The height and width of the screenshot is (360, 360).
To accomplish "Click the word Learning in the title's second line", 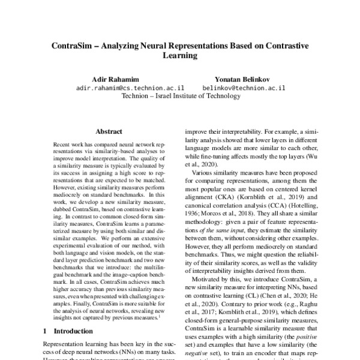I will pos(181,55).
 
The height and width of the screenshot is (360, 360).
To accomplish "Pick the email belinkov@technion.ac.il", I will pos(244,87).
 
